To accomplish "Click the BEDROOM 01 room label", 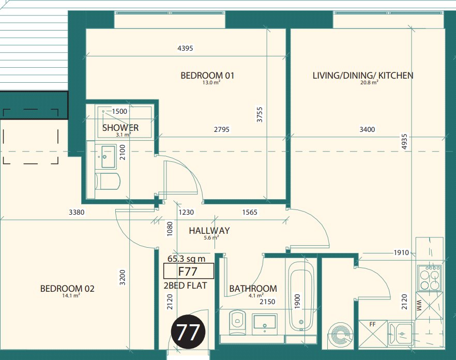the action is pos(207,76).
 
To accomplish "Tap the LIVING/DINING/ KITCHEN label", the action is pos(363,76).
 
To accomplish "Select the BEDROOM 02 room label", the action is pos(67,289).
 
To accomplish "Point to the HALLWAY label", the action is pos(209,231).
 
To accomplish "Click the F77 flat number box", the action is pos(189,271).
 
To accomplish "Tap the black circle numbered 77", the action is pos(188,332).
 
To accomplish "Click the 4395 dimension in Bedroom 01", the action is pos(185,48).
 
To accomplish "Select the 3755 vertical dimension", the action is pos(260,114).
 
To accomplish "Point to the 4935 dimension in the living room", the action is pos(404,142).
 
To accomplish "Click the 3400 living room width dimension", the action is pos(367,129).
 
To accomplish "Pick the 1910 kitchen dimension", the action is pos(401,252).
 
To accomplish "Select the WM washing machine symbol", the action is pos(430,306).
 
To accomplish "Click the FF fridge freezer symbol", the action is pos(373,334).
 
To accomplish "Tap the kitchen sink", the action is pos(401,334).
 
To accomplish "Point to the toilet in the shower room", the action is pos(108,182).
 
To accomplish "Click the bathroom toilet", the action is pos(237,322).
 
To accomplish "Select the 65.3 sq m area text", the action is pos(187,259).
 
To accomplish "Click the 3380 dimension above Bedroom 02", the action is pos(77,212).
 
